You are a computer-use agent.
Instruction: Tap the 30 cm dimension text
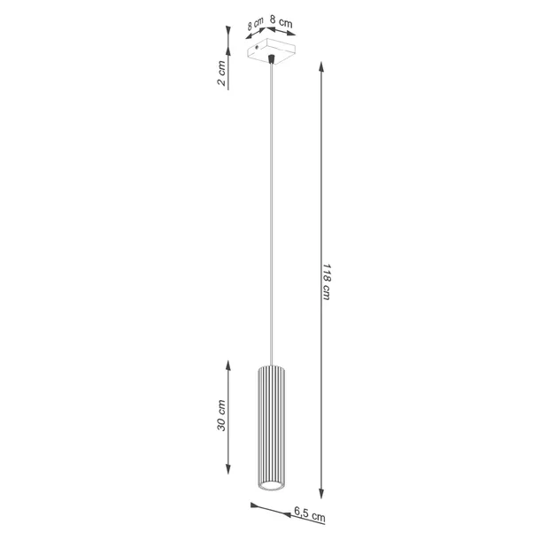click(x=221, y=415)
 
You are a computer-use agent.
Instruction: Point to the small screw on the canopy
click(x=258, y=42)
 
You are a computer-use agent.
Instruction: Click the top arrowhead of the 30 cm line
click(x=229, y=366)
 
